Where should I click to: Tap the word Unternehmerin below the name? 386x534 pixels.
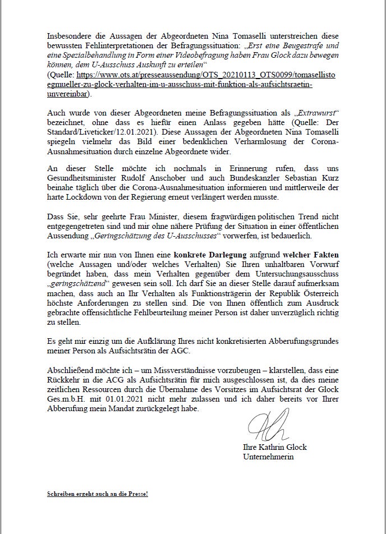pos(268,457)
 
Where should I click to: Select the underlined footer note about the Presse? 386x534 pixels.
pos(97,494)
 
